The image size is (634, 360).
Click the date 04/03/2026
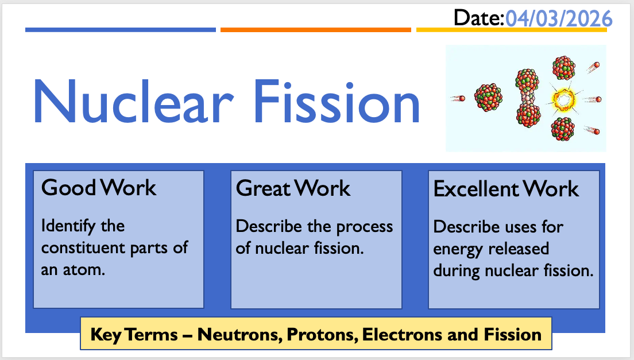coord(559,18)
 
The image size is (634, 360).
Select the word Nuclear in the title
coord(133,102)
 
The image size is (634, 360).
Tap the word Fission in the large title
coord(337,102)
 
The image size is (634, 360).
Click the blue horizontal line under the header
coord(121,30)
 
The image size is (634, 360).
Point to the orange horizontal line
coord(316,30)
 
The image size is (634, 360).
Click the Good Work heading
coord(99,188)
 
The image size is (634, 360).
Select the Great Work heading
coord(293,188)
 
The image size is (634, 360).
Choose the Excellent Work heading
coord(507,189)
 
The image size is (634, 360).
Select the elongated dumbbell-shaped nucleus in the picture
coord(528,98)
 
